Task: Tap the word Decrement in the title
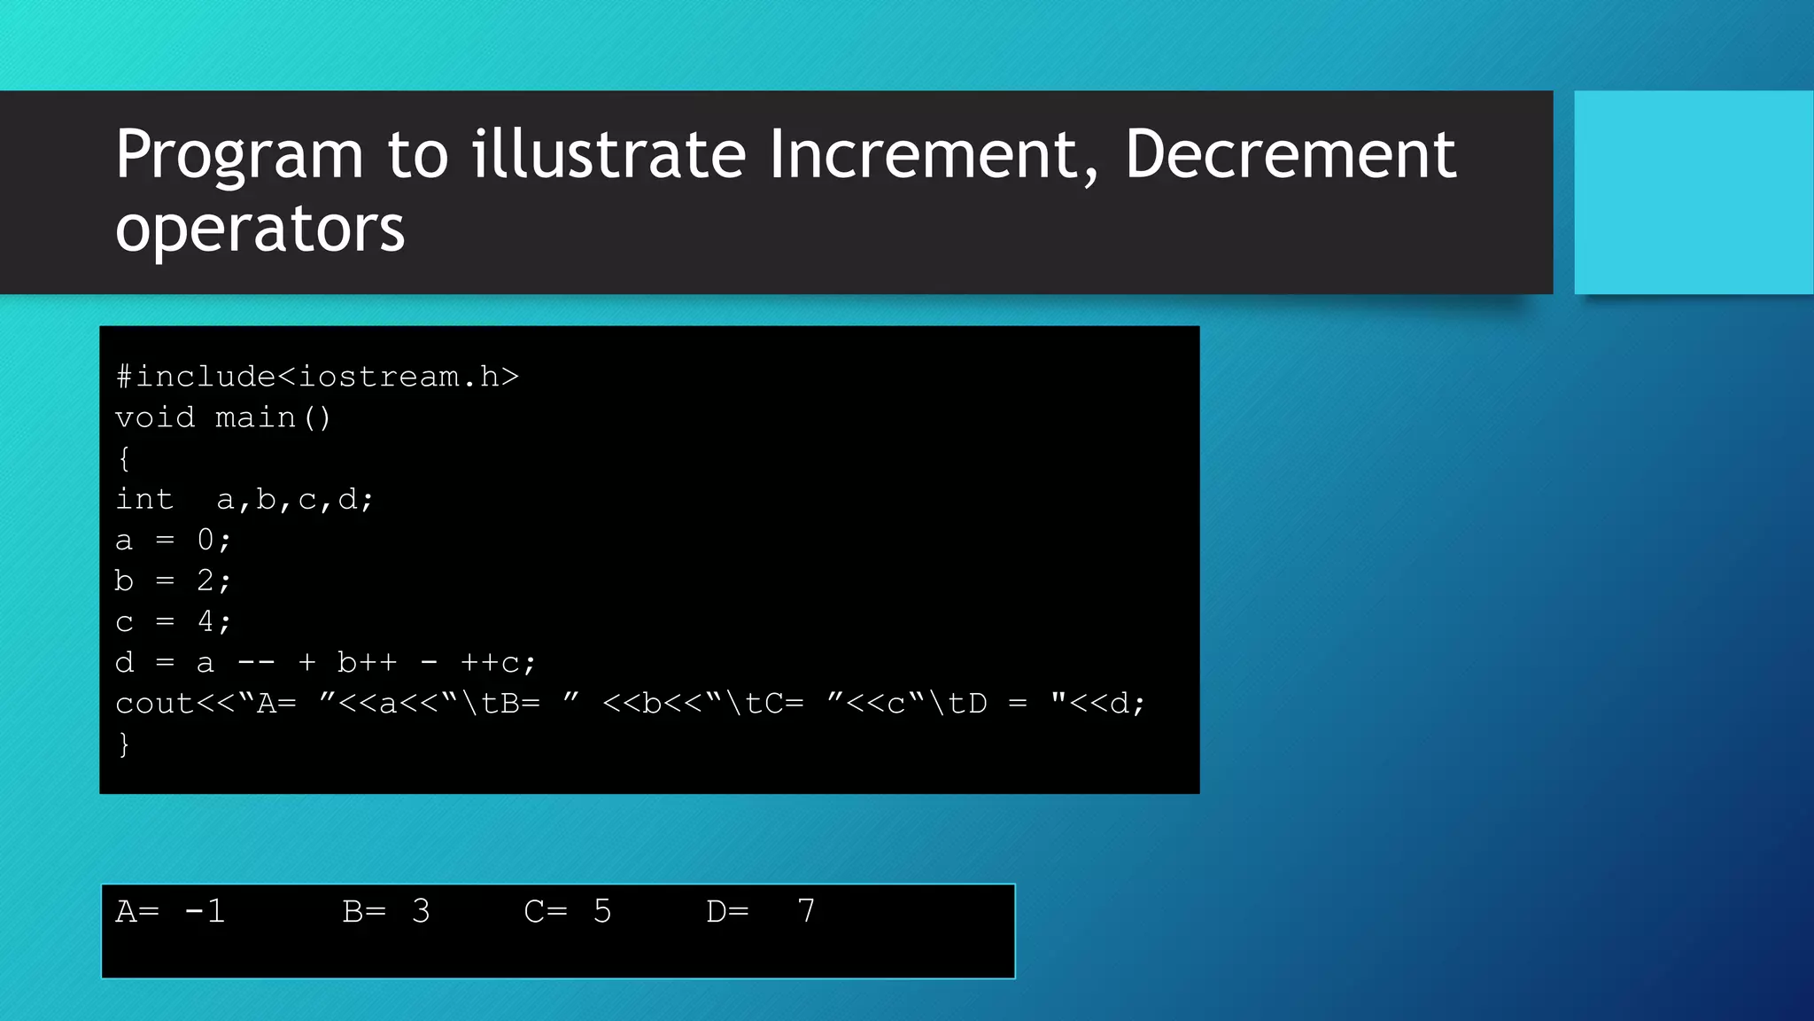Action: (x=1290, y=155)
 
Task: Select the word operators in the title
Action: (x=260, y=230)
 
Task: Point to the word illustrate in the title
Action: (x=609, y=155)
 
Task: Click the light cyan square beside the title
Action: (x=1693, y=192)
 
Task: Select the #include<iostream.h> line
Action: (x=317, y=377)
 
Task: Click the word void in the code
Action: (x=155, y=417)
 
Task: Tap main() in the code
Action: (x=273, y=417)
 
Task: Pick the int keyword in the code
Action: (x=144, y=499)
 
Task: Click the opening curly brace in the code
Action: (x=124, y=458)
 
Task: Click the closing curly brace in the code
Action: (x=124, y=744)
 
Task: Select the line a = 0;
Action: (x=173, y=540)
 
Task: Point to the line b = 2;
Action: (x=173, y=581)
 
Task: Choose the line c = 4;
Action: (x=173, y=621)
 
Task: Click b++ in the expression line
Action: (x=367, y=662)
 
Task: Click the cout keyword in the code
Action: (x=155, y=704)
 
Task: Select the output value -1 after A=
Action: (x=205, y=911)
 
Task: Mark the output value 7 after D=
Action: (x=806, y=911)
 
